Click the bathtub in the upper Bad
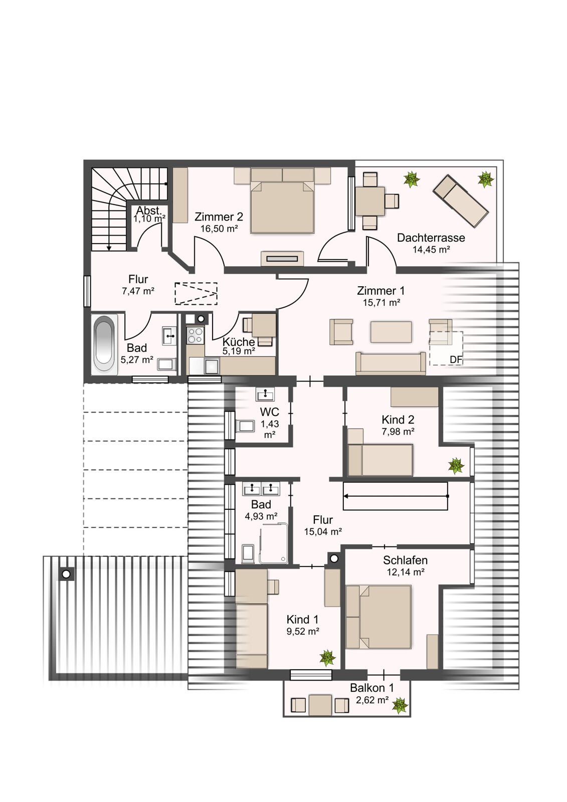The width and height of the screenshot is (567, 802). (x=104, y=344)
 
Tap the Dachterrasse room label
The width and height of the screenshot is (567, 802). (x=431, y=238)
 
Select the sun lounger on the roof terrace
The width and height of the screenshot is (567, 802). (x=461, y=201)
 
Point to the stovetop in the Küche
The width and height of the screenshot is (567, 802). (x=195, y=335)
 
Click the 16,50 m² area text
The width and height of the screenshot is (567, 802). (x=219, y=229)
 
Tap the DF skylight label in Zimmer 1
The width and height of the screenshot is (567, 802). (x=456, y=359)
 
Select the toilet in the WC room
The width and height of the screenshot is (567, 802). (x=245, y=426)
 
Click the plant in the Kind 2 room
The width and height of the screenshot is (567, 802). (x=456, y=466)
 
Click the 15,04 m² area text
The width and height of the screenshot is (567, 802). (x=323, y=532)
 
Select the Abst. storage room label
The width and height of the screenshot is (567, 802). (x=149, y=211)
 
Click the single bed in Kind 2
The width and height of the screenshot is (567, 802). (x=380, y=461)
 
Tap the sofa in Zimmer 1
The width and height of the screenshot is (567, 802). (x=391, y=363)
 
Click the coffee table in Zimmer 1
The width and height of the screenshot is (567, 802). (x=391, y=331)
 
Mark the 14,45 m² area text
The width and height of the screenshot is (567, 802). (x=431, y=250)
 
